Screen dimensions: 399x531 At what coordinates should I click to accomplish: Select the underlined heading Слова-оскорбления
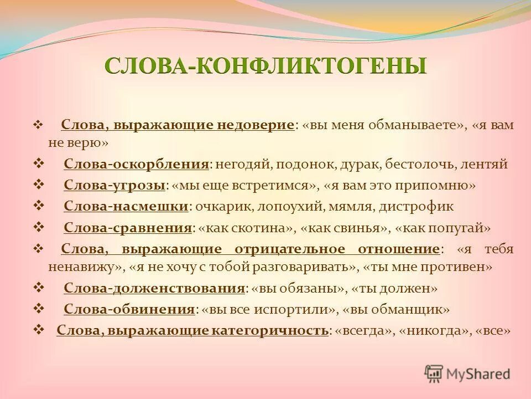click(137, 165)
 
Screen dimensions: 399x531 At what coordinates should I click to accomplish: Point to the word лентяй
click(487, 165)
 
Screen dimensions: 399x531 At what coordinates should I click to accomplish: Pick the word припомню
click(445, 185)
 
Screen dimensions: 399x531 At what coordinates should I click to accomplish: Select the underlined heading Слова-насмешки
click(126, 206)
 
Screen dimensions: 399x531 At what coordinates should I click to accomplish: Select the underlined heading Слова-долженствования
click(154, 288)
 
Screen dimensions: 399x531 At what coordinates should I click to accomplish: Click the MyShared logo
click(467, 373)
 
